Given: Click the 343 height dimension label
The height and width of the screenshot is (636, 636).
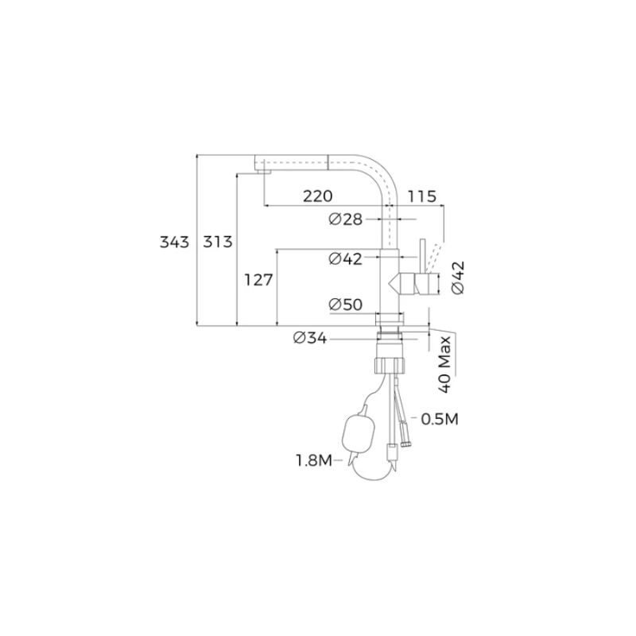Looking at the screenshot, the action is (174, 242).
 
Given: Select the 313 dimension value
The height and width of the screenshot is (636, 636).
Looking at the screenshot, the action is (217, 242).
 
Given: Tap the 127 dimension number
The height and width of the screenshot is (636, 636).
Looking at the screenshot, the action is (258, 280).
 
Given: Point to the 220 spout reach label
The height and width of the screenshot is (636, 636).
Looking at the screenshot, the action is (317, 196).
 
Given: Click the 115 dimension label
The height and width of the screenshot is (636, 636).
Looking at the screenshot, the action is (422, 196).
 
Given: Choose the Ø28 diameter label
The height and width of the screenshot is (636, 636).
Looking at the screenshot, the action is (346, 219).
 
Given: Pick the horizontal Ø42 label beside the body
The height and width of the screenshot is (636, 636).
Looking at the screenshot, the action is (346, 258).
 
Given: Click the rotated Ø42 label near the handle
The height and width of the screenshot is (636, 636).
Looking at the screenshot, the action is (458, 277).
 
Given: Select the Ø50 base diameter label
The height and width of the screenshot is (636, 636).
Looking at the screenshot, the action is (346, 304).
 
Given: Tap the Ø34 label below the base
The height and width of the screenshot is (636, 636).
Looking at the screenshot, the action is (310, 337).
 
